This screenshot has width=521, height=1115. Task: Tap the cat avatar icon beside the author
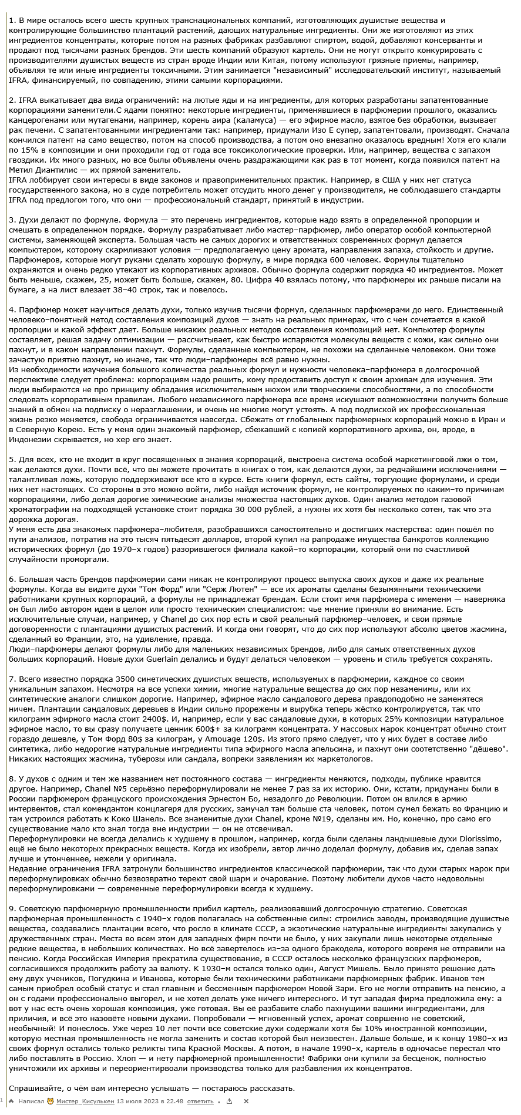(x=51, y=1101)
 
